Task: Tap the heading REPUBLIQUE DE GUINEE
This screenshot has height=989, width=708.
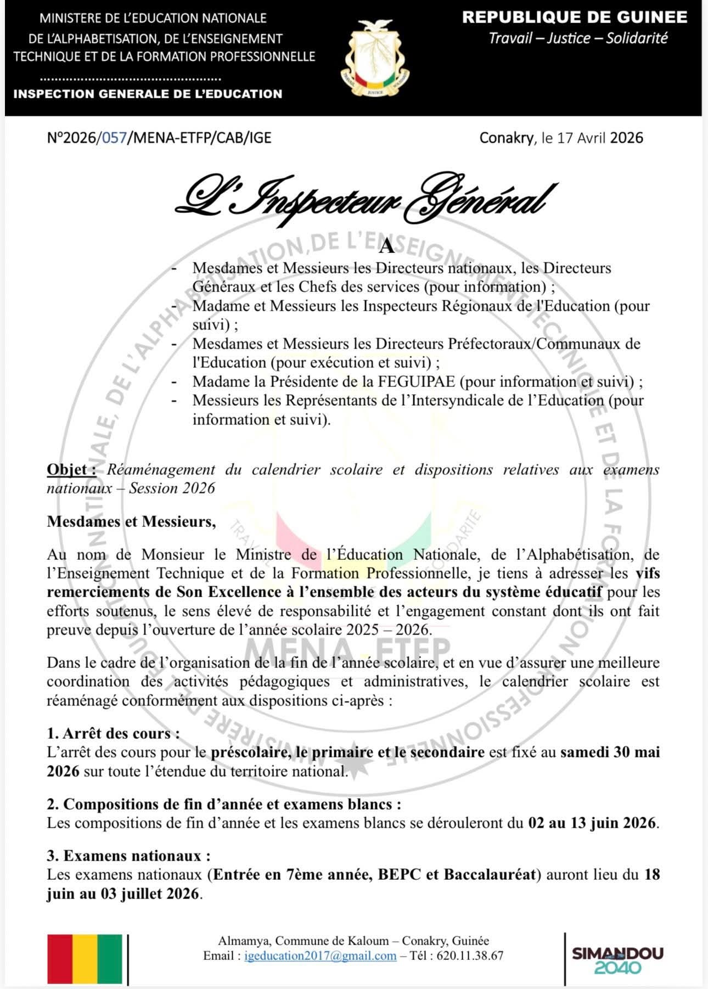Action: click(x=575, y=18)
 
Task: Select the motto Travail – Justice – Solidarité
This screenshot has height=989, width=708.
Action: click(x=578, y=38)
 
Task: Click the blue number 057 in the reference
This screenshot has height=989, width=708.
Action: click(x=114, y=138)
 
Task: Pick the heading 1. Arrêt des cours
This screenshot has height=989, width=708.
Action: click(x=113, y=733)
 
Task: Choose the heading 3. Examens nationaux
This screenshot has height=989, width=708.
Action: click(x=128, y=856)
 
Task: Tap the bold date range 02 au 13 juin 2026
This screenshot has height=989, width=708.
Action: click(x=592, y=823)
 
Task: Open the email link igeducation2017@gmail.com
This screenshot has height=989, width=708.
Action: click(x=321, y=956)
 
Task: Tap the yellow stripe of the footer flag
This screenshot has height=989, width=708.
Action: click(x=85, y=959)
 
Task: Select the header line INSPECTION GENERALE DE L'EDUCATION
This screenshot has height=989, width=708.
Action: click(x=148, y=94)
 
